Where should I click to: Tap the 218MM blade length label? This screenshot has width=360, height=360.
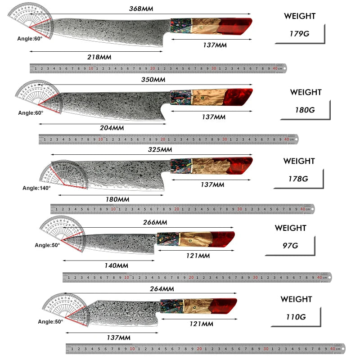point(99,57)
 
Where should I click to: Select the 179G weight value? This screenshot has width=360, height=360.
point(300,34)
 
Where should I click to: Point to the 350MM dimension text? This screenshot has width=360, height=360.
point(153,79)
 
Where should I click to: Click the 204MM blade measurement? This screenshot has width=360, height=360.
point(112,127)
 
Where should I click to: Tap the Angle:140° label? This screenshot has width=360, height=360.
point(36,188)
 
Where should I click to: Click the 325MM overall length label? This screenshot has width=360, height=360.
point(160,149)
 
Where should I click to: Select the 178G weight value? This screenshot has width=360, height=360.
point(298,178)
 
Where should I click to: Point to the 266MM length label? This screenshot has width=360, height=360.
point(155,222)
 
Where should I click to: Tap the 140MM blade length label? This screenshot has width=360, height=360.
point(116,265)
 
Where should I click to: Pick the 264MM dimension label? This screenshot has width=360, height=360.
point(162,289)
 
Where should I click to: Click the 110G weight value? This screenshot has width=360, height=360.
point(296,317)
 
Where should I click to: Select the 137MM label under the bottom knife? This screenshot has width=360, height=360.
point(119,337)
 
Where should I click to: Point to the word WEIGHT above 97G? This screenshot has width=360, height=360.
point(290,228)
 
